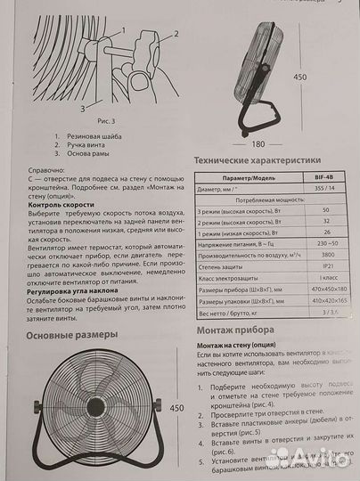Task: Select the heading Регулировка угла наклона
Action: pyautogui.click(x=78, y=290)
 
